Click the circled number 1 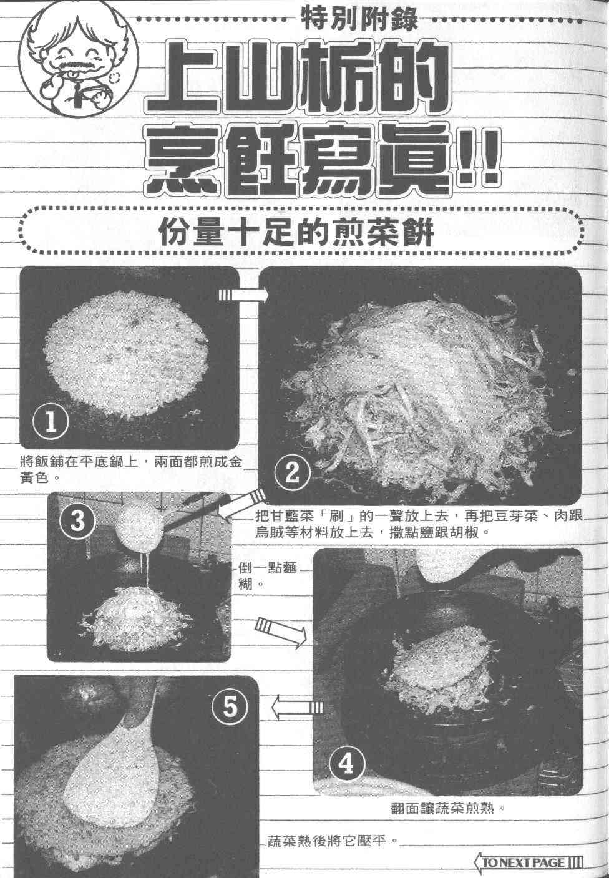[x=51, y=422]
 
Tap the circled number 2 [x=292, y=473]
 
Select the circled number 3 [x=77, y=521]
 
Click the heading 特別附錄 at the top [x=361, y=19]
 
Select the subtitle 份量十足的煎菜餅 [x=296, y=232]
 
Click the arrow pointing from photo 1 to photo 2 [x=243, y=295]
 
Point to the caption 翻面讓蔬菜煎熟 [x=447, y=807]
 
